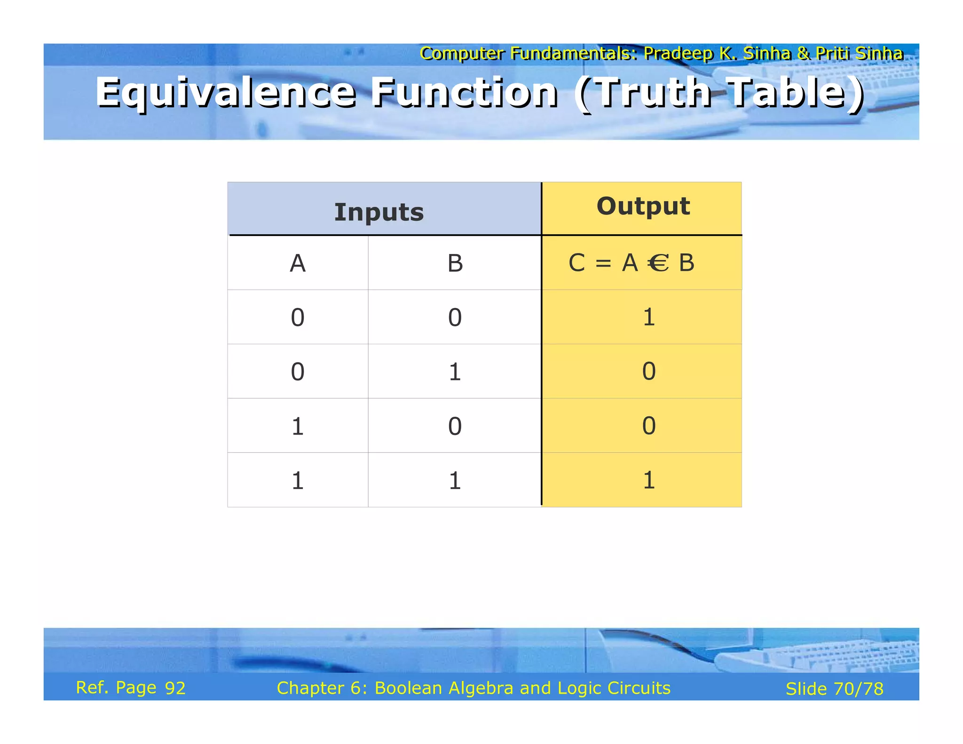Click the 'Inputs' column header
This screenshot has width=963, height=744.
379,212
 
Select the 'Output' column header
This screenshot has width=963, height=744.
643,206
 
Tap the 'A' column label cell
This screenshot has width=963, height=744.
298,263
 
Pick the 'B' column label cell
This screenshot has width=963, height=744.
455,263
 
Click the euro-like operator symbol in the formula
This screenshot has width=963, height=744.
658,263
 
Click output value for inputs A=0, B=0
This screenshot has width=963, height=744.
648,317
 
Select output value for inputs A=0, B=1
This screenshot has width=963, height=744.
648,372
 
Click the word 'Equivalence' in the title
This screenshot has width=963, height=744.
226,93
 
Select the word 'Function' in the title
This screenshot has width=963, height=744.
465,93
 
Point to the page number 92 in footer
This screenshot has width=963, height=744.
175,689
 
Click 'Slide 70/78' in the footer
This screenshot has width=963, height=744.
835,689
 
